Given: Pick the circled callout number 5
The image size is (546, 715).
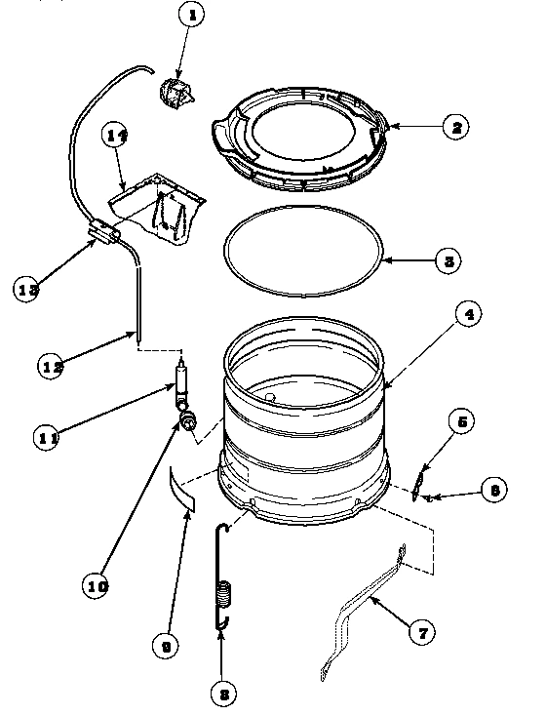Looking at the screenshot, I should (463, 422).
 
